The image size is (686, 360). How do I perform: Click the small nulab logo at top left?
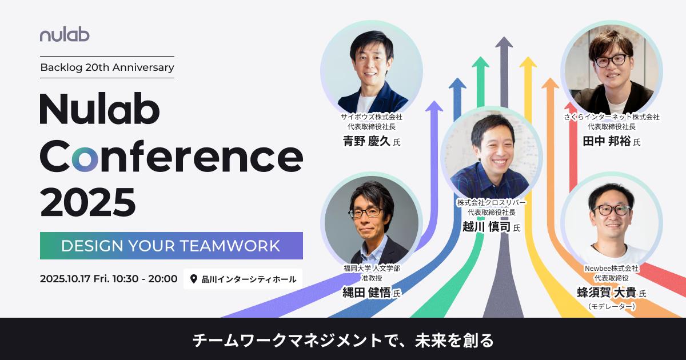coord(65,35)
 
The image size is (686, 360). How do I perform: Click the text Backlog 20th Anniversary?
coord(107,67)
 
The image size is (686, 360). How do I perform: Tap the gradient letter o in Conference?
coord(85,159)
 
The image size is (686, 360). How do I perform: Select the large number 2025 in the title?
coord(87,202)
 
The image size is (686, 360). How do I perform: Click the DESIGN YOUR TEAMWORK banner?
coord(171,246)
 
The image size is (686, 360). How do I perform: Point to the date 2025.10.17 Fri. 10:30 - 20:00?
coord(109,279)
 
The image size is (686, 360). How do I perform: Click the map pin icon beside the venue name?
coord(193,279)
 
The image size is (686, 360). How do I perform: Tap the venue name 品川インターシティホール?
coord(249,279)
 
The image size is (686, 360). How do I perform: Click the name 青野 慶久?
coord(366,141)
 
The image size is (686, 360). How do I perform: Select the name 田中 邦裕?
coord(607,141)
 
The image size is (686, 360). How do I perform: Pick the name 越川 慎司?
coord(486,227)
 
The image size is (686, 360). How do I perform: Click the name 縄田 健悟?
coord(366,293)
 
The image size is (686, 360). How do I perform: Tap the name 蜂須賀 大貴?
coord(607,293)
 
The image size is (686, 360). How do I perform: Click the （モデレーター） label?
coord(612,306)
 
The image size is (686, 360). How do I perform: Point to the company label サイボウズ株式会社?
coord(372,117)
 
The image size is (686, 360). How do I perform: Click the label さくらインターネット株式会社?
coord(612,117)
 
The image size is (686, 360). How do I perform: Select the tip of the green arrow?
coord(481,57)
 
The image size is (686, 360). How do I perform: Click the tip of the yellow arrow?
coord(528,57)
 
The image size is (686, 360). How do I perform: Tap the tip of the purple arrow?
coord(434,101)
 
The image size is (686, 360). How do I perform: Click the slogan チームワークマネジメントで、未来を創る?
coord(343,340)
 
